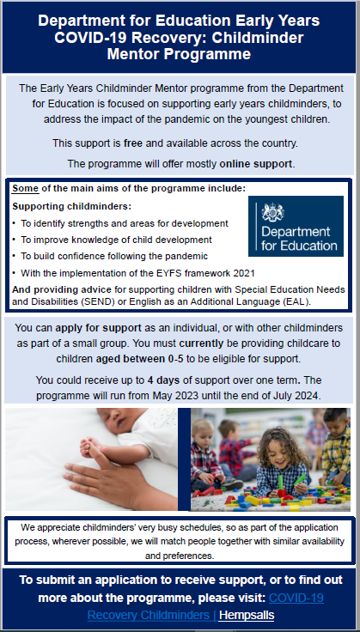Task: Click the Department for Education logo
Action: (295, 226)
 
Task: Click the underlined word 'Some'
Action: (26, 188)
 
